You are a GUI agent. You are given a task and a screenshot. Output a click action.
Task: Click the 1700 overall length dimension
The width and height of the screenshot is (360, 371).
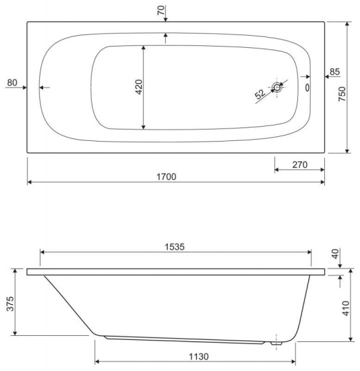coord(167,177)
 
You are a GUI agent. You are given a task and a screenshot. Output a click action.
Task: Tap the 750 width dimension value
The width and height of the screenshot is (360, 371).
coord(342,94)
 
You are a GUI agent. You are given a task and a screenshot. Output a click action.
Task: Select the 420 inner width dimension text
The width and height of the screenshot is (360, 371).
coord(139,87)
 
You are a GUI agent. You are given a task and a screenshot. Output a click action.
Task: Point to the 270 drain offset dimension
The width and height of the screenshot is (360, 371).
coord(300,165)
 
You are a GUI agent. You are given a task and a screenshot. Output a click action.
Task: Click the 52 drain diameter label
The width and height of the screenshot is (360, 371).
coord(260,94)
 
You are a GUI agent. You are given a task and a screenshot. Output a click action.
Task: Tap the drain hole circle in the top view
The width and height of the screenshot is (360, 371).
coord(276,87)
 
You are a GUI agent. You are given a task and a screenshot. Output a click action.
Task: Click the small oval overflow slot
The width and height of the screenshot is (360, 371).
coord(307,88)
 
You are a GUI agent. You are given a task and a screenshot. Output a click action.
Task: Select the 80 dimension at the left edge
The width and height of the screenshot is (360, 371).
coord(12,82)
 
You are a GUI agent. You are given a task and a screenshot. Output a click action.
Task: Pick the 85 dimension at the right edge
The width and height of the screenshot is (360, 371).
coord(334,72)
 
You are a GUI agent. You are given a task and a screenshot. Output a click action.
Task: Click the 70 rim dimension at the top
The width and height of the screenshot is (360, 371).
coord(161,10)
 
